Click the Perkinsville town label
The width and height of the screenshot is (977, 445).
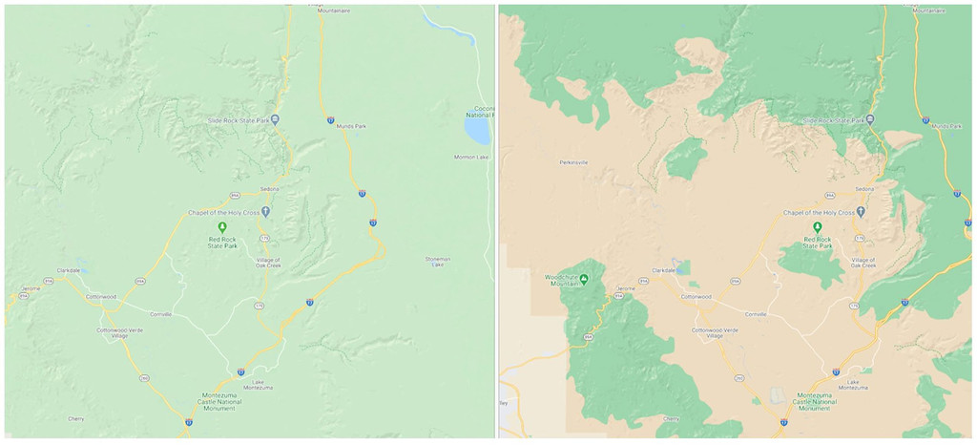[573, 162]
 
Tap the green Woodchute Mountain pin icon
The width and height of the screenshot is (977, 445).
[585, 279]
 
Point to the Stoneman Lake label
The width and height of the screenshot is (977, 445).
[437, 261]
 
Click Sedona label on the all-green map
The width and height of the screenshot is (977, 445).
[270, 189]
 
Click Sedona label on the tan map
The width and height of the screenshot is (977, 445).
[864, 189]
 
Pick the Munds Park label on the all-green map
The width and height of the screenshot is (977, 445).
[340, 127]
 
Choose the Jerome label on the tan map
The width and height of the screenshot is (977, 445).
[626, 288]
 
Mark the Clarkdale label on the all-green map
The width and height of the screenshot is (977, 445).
[69, 270]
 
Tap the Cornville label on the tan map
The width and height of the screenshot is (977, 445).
[756, 313]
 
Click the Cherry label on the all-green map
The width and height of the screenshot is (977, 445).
[76, 418]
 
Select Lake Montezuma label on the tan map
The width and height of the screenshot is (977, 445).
[854, 386]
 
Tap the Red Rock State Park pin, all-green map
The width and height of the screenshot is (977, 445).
[221, 226]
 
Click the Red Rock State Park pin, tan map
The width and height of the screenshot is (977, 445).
[817, 226]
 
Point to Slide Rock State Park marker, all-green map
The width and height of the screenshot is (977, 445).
[275, 119]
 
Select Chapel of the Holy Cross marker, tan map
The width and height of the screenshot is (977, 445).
[861, 212]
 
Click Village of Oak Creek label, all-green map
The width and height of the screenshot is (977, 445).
[270, 263]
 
